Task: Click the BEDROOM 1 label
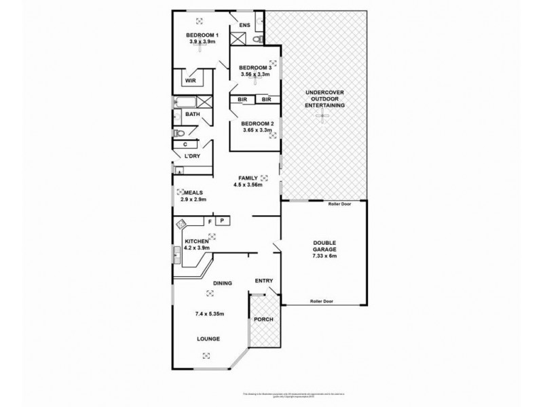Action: pyautogui.click(x=202, y=35)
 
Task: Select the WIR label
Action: pyautogui.click(x=190, y=81)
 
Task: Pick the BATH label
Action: pyautogui.click(x=192, y=115)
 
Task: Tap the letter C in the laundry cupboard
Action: pyautogui.click(x=185, y=144)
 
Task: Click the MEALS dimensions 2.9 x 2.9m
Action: pyautogui.click(x=193, y=199)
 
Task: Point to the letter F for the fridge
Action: pyautogui.click(x=210, y=221)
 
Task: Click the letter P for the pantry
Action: pyautogui.click(x=221, y=221)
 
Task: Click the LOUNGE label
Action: pyautogui.click(x=208, y=338)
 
